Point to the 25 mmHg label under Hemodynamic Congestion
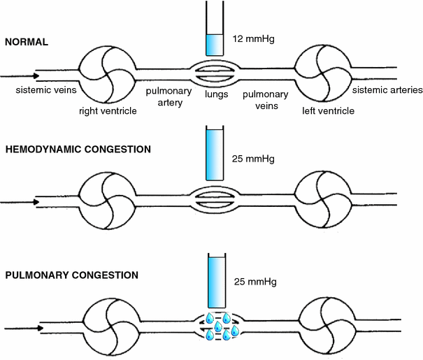(252, 159)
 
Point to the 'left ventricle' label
(328, 110)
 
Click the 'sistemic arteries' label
(387, 90)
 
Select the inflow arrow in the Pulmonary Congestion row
(24, 327)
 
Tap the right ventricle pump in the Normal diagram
(106, 73)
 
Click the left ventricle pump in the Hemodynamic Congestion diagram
(322, 199)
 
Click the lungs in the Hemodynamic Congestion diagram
(217, 199)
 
